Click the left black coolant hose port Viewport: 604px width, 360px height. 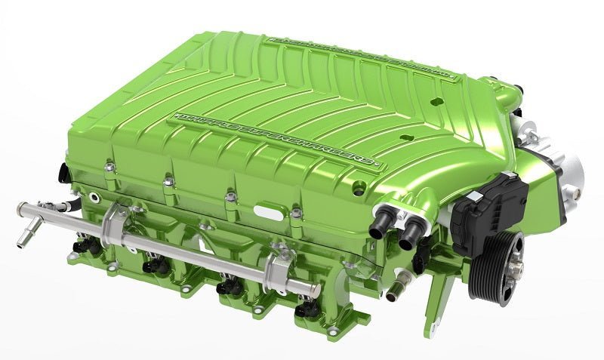381,226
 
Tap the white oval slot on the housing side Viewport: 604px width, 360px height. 268,208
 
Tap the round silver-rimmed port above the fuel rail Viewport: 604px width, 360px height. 92,198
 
